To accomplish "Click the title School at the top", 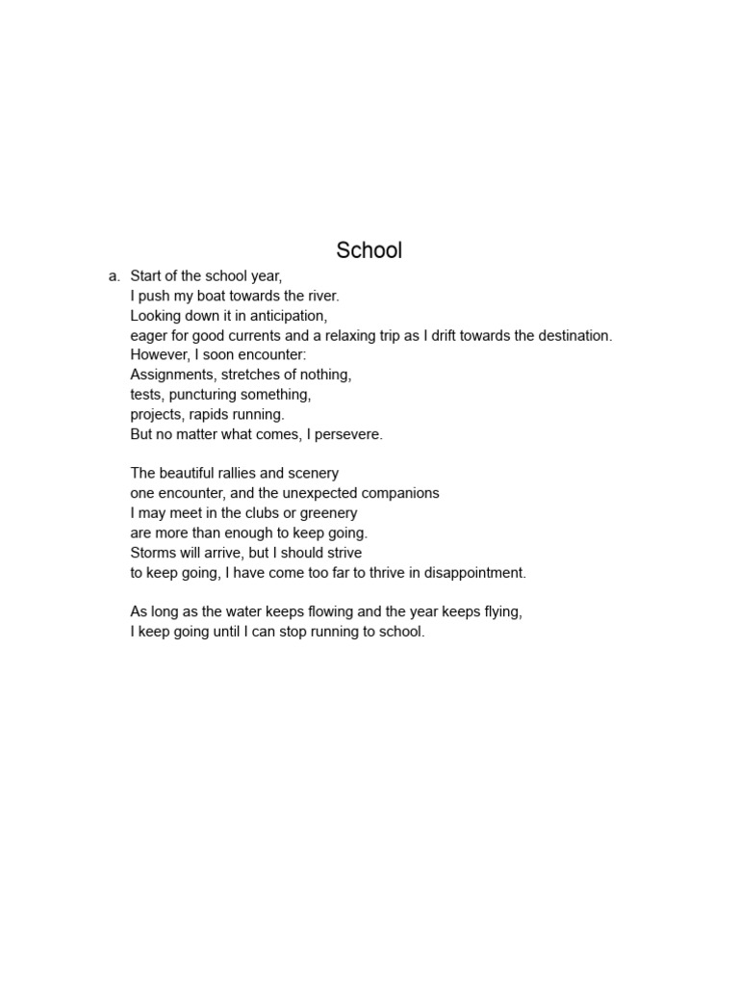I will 369,250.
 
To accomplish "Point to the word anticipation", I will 285,316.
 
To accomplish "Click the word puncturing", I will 207,395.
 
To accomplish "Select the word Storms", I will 153,553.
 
